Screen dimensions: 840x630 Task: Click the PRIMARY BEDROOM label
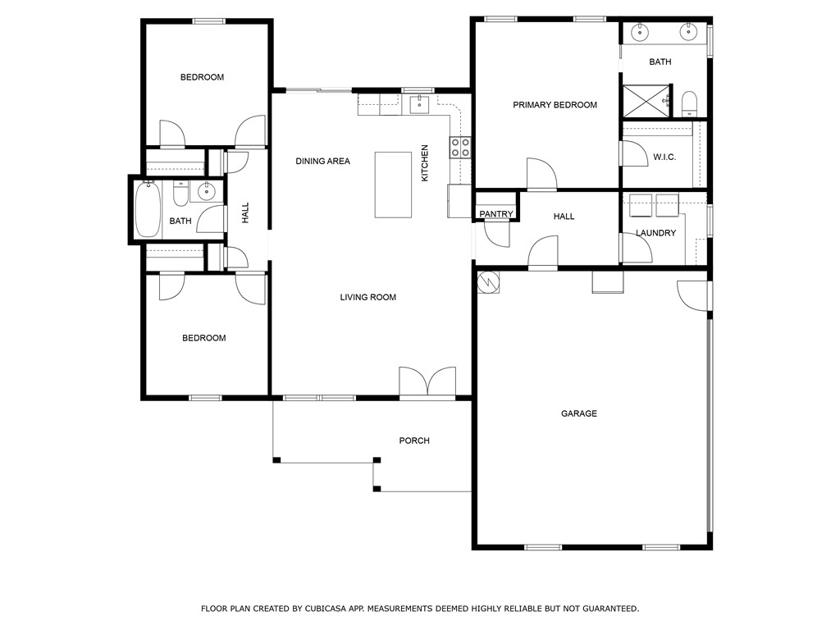(x=555, y=105)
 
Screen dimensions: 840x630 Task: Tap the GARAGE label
(x=579, y=413)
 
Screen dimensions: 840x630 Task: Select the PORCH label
(x=414, y=441)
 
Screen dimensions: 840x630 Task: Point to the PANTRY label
(x=496, y=214)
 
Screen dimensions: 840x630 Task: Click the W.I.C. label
(x=664, y=157)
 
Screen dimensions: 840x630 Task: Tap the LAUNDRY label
(x=655, y=233)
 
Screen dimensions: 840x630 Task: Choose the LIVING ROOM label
(x=368, y=297)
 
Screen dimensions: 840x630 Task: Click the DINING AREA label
(x=322, y=162)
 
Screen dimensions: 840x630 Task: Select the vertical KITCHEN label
(x=425, y=163)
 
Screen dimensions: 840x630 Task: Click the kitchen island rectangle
(x=393, y=185)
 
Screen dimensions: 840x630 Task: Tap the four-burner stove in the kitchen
(x=460, y=148)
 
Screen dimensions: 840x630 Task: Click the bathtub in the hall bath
(x=148, y=209)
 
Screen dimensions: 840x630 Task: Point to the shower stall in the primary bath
(x=646, y=100)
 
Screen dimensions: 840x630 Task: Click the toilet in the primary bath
(x=689, y=103)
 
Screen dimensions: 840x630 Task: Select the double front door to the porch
(x=427, y=382)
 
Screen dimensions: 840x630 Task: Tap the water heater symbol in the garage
(x=488, y=282)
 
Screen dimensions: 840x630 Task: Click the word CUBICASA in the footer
(x=326, y=609)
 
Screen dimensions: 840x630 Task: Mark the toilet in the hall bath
(x=180, y=194)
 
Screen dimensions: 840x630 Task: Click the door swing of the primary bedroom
(x=541, y=174)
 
